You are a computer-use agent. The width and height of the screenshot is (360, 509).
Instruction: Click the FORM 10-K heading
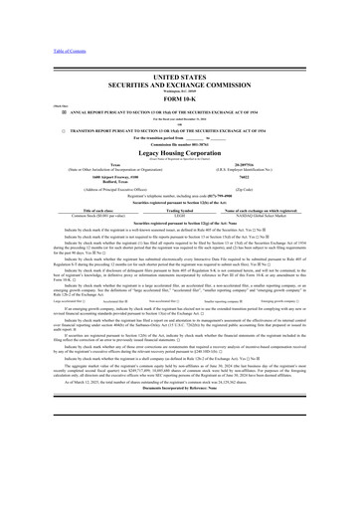[x=179, y=109]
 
